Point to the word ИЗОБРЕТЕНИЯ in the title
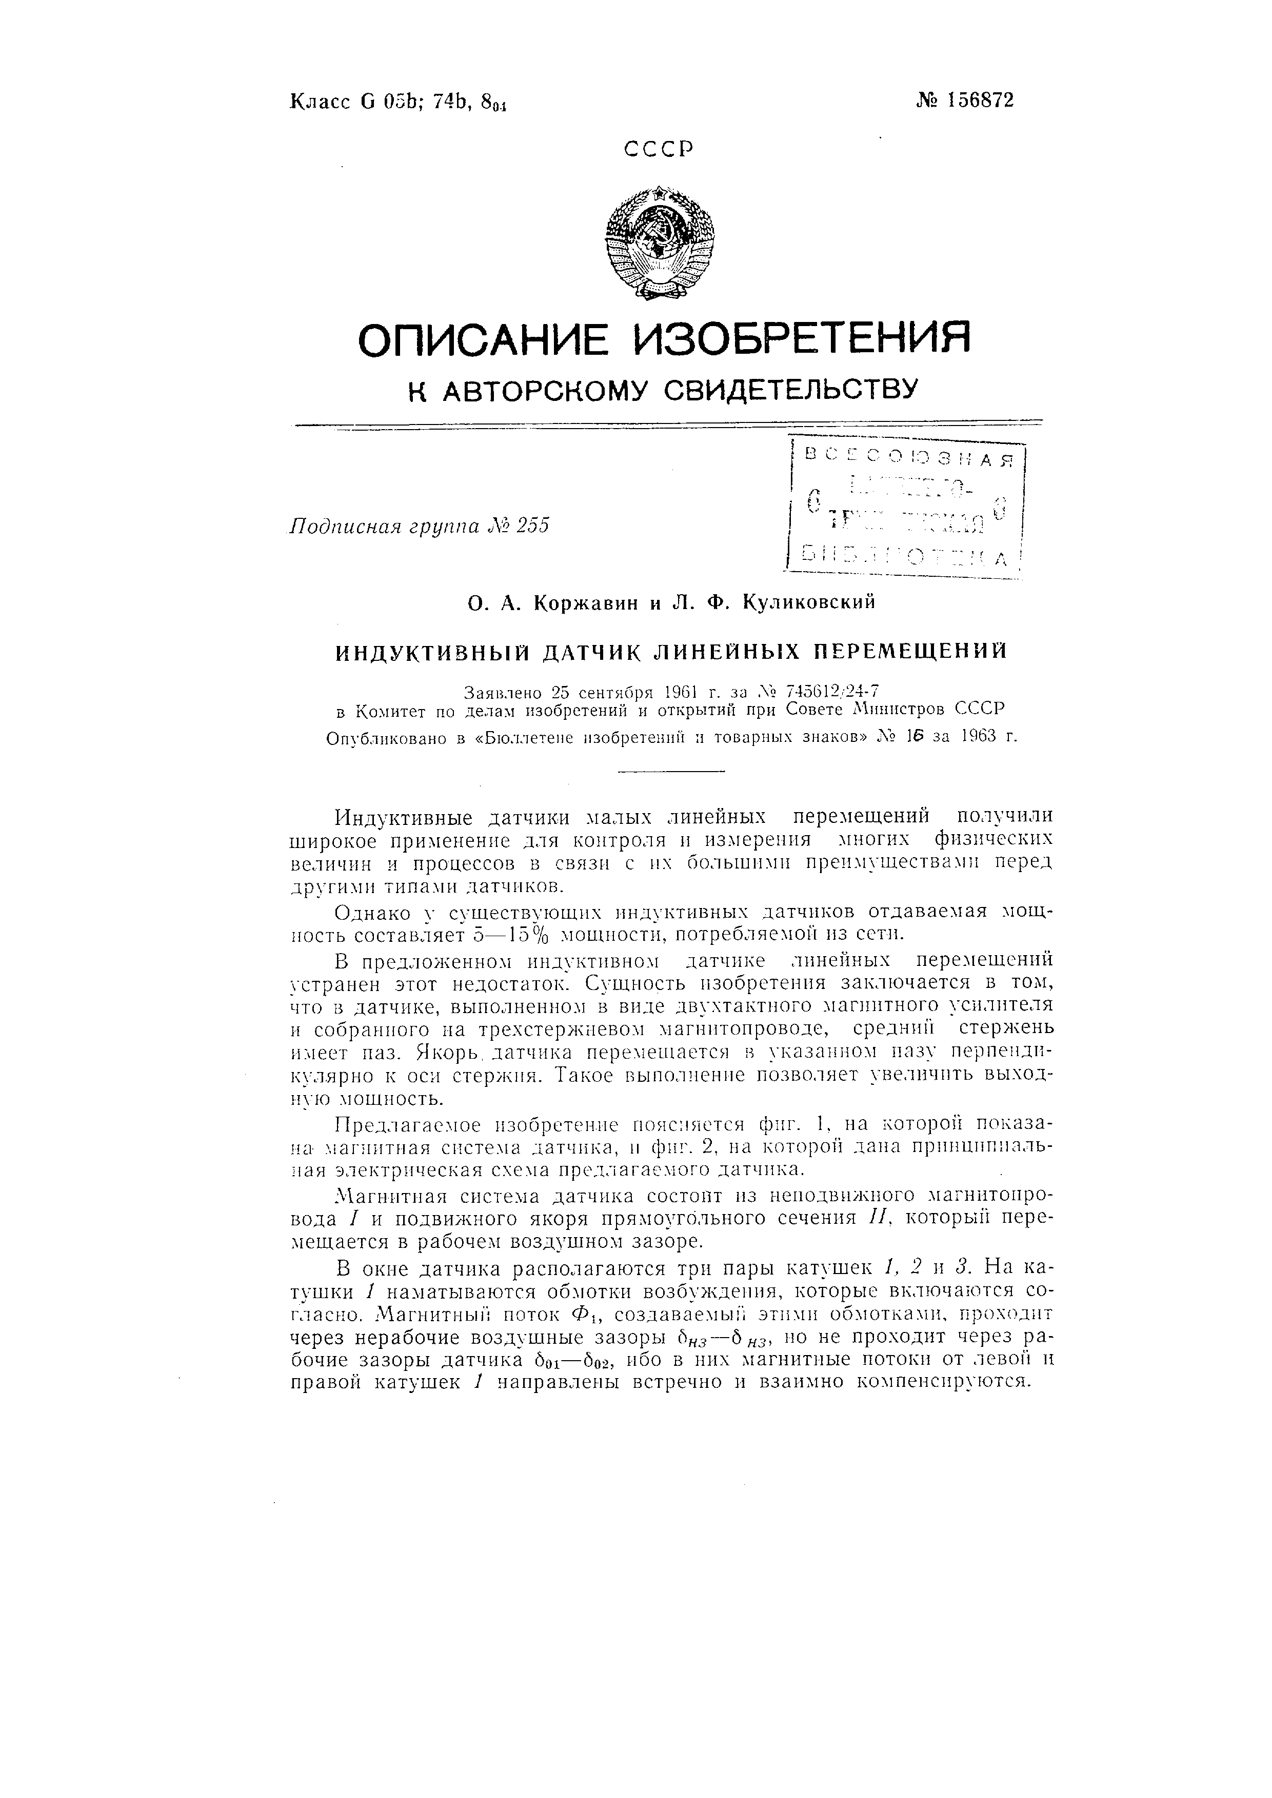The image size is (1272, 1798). click(802, 338)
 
